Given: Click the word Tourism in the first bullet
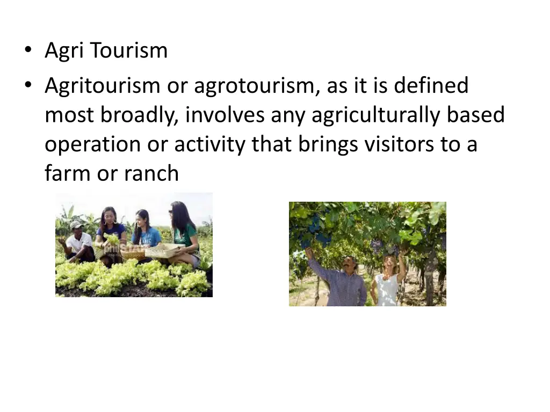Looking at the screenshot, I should pyautogui.click(x=129, y=51).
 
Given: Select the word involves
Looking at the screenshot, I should pyautogui.click(x=225, y=115).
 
